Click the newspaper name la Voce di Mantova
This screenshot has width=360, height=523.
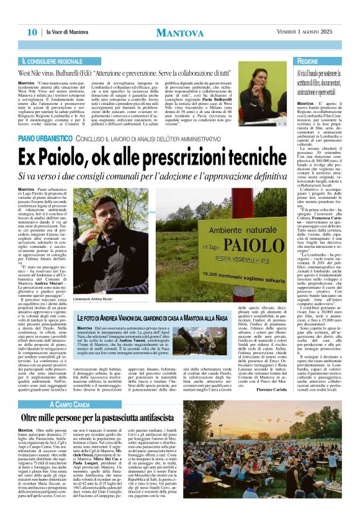click(67, 32)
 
